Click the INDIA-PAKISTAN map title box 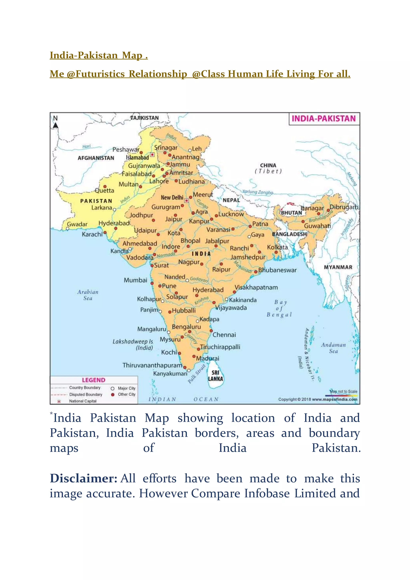[x=324, y=119]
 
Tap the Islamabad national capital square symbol [x=152, y=154]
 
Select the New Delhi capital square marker [x=186, y=200]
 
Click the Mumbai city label [x=135, y=280]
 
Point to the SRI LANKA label [x=215, y=376]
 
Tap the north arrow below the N [x=55, y=125]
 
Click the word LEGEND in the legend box [x=93, y=380]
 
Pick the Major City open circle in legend [x=113, y=389]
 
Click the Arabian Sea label [x=88, y=295]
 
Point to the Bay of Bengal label [x=280, y=308]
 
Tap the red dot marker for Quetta [x=105, y=186]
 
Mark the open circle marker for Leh [x=190, y=151]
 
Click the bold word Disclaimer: [x=83, y=478]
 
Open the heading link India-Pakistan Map [x=98, y=55]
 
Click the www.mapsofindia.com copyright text [x=335, y=399]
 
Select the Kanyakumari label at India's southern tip [x=170, y=374]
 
